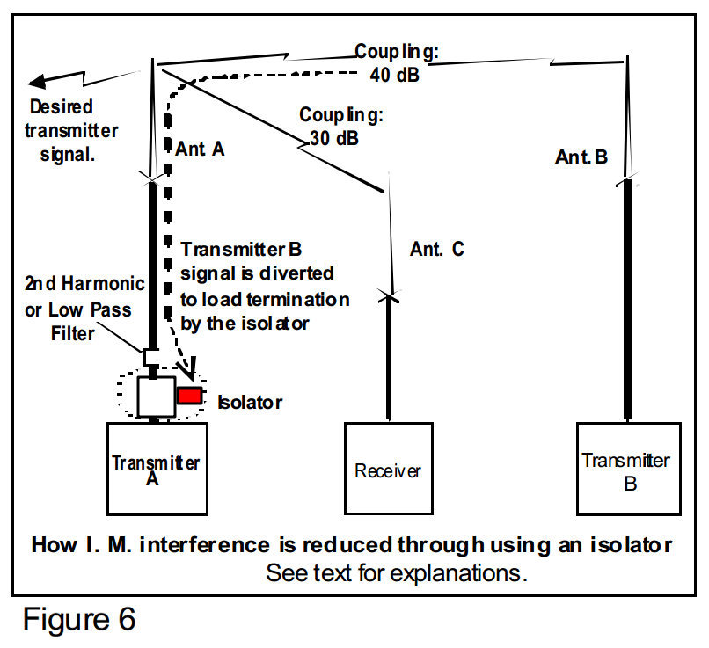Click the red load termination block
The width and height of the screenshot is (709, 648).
[189, 396]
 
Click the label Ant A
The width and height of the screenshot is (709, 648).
[200, 149]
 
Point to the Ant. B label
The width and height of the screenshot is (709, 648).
[581, 157]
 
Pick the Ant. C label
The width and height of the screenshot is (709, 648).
[437, 249]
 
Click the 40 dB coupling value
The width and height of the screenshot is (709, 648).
[395, 75]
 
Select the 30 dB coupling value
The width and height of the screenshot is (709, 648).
[334, 138]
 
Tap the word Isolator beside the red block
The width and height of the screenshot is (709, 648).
[250, 402]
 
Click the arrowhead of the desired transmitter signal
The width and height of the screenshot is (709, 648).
[37, 82]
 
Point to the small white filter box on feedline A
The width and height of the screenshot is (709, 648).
[151, 357]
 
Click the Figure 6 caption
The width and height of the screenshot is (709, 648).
[79, 619]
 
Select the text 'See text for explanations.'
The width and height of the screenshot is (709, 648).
[397, 573]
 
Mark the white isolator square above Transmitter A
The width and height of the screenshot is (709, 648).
[157, 397]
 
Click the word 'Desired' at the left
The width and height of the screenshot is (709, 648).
[61, 107]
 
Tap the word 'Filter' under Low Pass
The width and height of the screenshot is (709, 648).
[72, 333]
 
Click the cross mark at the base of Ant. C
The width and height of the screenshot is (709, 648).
[389, 297]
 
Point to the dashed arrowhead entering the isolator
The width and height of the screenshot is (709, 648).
[191, 369]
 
